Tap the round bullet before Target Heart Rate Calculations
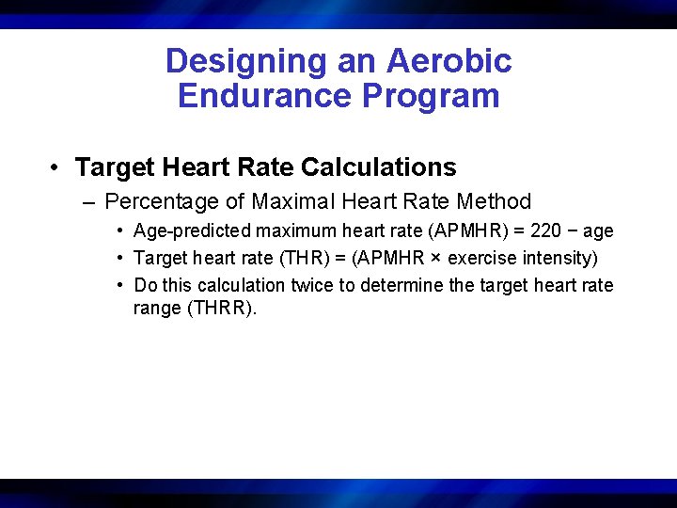[x=57, y=167]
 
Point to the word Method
[x=494, y=201]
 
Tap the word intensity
[x=556, y=258]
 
